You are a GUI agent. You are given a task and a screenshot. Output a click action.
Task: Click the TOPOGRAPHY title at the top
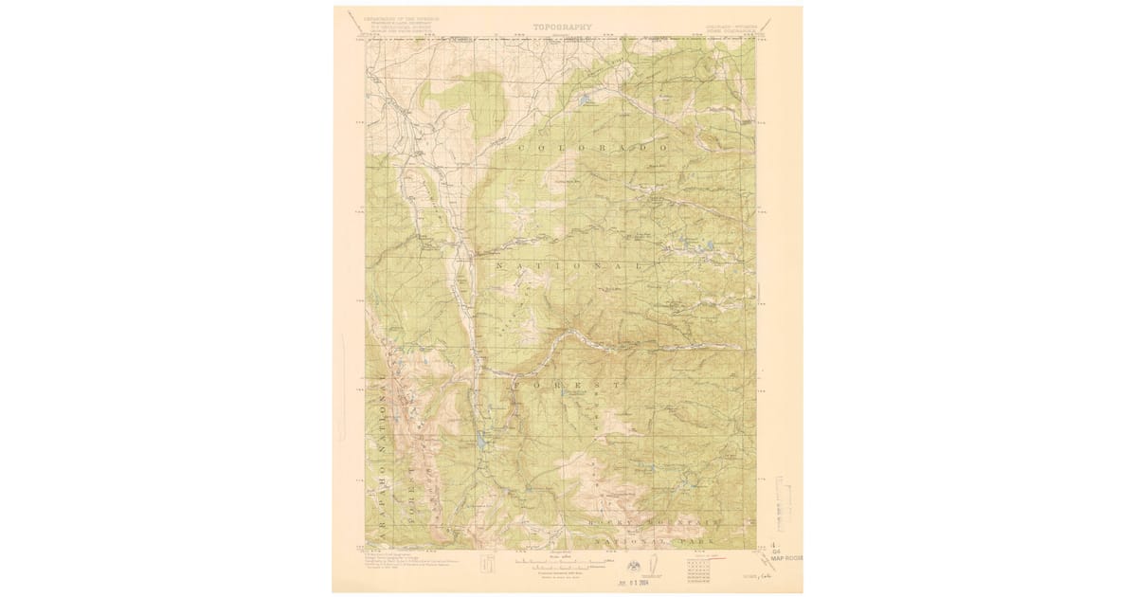coord(562,27)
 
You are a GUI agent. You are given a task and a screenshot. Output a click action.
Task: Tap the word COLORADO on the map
coord(587,149)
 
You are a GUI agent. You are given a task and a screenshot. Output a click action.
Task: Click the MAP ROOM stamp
coord(785,558)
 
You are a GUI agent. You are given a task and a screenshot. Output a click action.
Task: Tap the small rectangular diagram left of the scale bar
coord(488,565)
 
